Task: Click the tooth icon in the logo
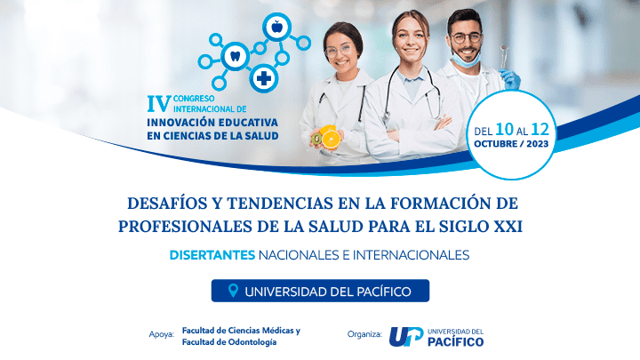pyautogui.click(x=235, y=56)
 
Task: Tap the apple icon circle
pyautogui.click(x=276, y=27)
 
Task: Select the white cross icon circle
pyautogui.click(x=264, y=78)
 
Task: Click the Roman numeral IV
pyautogui.click(x=159, y=104)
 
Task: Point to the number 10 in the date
pyautogui.click(x=504, y=130)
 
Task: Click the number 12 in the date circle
pyautogui.click(x=540, y=130)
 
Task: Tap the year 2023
pyautogui.click(x=537, y=144)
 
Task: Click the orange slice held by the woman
pyautogui.click(x=331, y=140)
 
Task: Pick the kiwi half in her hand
pyautogui.click(x=316, y=140)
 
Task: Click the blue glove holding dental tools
pyautogui.click(x=510, y=78)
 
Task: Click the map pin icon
pyautogui.click(x=233, y=291)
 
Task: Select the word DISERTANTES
pyautogui.click(x=212, y=255)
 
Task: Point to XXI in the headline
pyautogui.click(x=508, y=227)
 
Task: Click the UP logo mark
pyautogui.click(x=406, y=336)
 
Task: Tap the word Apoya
pyautogui.click(x=161, y=335)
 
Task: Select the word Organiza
pyautogui.click(x=364, y=334)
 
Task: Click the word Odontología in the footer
pyautogui.click(x=252, y=342)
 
